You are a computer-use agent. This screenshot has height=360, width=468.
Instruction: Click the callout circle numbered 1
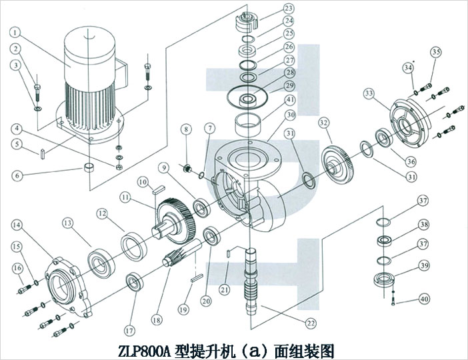tap(16, 31)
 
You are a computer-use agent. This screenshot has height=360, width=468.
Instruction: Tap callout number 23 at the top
tap(288, 9)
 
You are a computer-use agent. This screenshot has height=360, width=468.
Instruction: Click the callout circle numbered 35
tap(436, 52)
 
